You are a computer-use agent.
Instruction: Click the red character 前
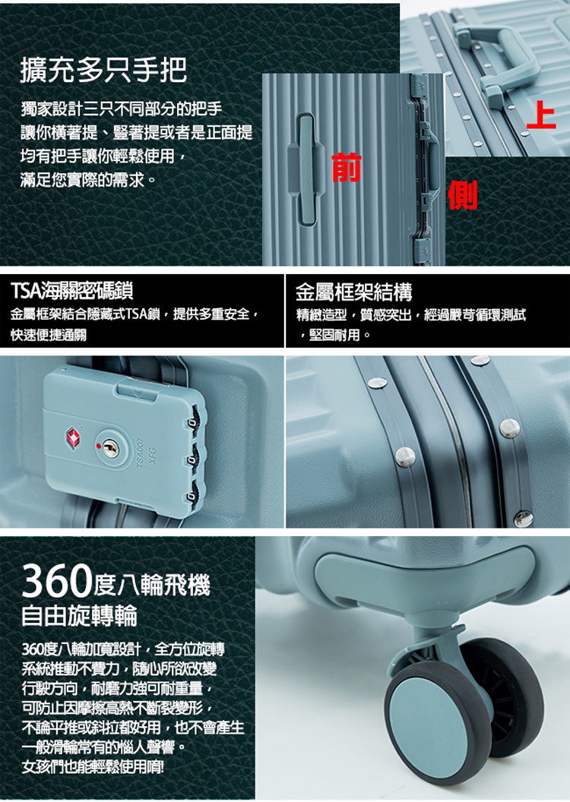click(347, 167)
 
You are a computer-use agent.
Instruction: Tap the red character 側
click(463, 195)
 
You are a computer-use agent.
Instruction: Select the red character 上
click(541, 115)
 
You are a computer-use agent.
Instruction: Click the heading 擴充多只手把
click(104, 70)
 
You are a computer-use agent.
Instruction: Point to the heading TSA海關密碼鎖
click(72, 291)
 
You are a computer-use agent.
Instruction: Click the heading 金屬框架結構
click(353, 292)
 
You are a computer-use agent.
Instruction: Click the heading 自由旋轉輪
click(79, 615)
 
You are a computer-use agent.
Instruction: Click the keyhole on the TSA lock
click(108, 447)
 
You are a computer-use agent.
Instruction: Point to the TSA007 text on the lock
click(141, 453)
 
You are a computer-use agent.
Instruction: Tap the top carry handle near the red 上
click(498, 61)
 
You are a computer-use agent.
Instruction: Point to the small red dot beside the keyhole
click(98, 446)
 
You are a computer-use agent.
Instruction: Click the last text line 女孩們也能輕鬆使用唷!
click(93, 767)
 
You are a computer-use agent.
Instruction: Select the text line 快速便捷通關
click(49, 335)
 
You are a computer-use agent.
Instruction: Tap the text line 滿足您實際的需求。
click(88, 179)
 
